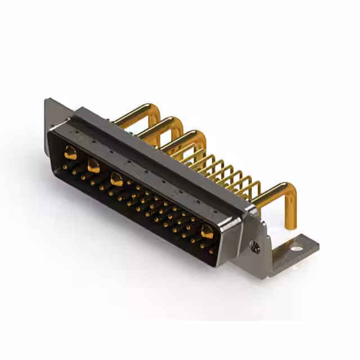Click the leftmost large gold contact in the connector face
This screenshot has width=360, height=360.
pyautogui.click(x=71, y=151)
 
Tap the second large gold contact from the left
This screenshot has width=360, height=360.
pyautogui.click(x=93, y=165)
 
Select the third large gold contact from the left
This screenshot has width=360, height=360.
pyautogui.click(x=117, y=180)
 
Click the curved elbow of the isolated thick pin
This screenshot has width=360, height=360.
pyautogui.click(x=287, y=192)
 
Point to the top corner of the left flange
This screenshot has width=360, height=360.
pyautogui.click(x=47, y=100)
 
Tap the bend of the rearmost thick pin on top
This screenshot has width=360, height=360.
pyautogui.click(x=152, y=109)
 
